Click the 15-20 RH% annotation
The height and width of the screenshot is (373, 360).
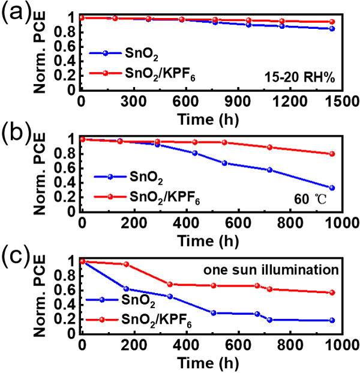[303, 76]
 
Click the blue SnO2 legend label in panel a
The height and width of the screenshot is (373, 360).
[145, 54]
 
